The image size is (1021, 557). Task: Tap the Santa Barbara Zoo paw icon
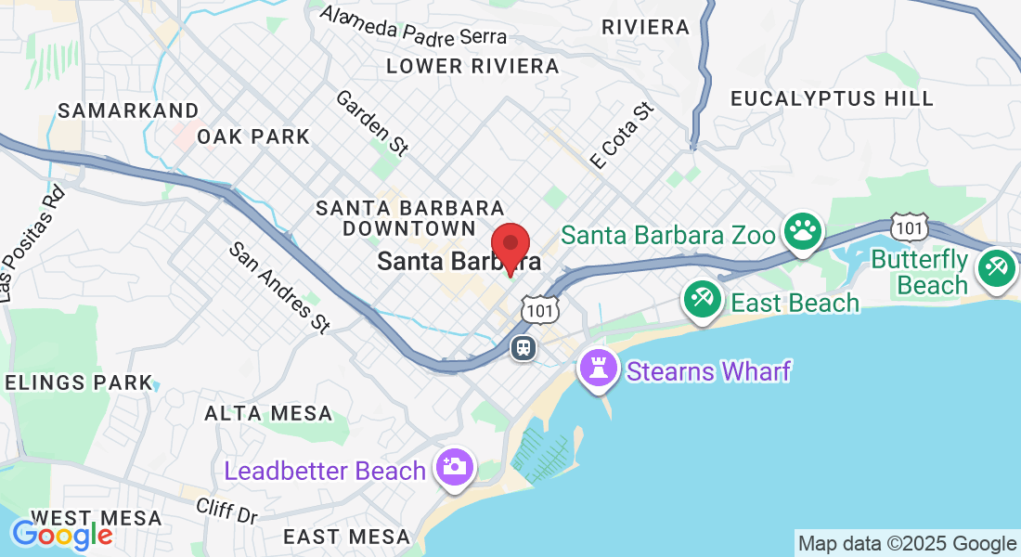click(x=802, y=232)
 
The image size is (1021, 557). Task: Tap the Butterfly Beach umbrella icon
click(x=998, y=268)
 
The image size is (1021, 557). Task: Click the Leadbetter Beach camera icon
click(x=455, y=467)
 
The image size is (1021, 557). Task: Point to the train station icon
click(x=523, y=348)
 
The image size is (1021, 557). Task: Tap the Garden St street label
click(x=372, y=122)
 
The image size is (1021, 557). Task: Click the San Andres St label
click(x=279, y=287)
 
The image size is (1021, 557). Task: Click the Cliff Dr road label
click(x=226, y=510)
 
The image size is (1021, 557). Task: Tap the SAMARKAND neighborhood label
click(x=128, y=110)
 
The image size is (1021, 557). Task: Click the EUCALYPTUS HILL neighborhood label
click(x=832, y=98)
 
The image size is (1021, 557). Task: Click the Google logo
click(x=61, y=534)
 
